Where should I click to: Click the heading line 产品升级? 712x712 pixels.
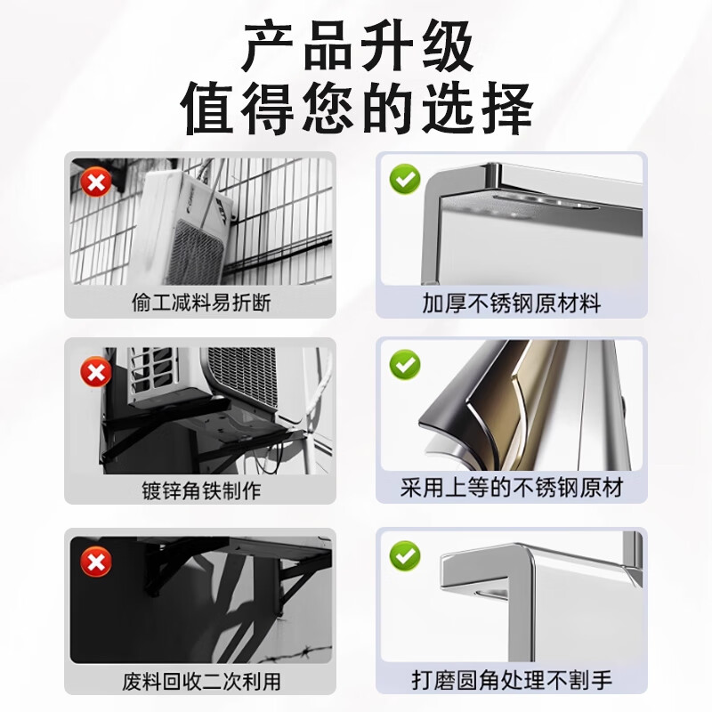[357, 49]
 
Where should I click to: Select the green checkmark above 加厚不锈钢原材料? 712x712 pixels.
[406, 180]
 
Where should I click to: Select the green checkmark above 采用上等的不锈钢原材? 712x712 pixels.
[406, 365]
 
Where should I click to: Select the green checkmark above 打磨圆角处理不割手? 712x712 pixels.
[406, 557]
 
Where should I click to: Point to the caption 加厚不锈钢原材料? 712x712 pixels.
[512, 303]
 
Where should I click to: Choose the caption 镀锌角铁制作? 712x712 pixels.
[201, 490]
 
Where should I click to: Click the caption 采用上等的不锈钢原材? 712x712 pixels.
[512, 489]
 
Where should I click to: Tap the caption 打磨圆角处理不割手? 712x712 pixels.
[512, 682]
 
